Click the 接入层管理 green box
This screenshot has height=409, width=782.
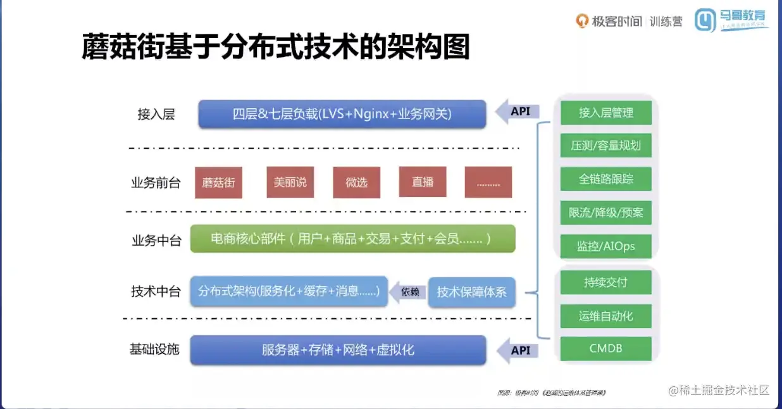tap(606, 113)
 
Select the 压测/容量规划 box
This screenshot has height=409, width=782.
tap(606, 146)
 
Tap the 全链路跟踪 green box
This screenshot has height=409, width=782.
tap(606, 179)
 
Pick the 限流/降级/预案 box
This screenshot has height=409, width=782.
tap(606, 213)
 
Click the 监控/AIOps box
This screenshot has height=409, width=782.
tap(606, 246)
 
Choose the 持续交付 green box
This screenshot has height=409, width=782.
tap(606, 282)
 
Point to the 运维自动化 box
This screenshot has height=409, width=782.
tap(606, 315)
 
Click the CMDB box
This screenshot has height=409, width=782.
tap(606, 348)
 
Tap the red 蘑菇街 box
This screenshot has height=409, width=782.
tap(218, 182)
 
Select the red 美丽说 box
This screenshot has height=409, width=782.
tap(290, 182)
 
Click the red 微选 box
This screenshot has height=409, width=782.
tap(356, 182)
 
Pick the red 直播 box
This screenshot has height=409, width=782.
tap(423, 182)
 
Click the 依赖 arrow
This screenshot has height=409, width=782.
tap(408, 292)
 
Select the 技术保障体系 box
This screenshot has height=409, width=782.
tap(471, 293)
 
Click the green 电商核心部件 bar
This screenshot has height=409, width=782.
tap(352, 239)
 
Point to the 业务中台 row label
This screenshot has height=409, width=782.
tap(156, 241)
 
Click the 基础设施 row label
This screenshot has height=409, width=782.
tap(155, 349)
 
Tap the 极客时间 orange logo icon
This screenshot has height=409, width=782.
tap(581, 21)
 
